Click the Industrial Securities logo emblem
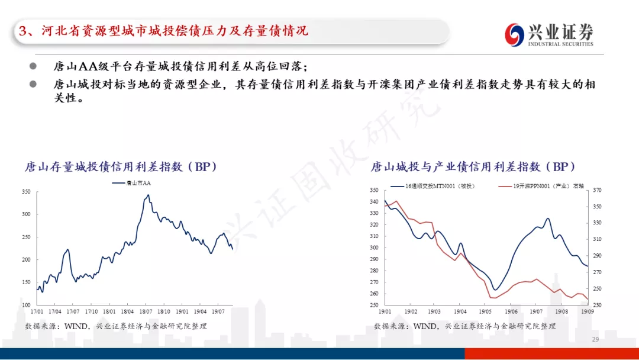514,35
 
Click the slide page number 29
595,339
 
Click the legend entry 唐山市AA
131,183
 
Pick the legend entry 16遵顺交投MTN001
433,187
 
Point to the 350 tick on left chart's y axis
26,192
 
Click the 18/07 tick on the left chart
146,311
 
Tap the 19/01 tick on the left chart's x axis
182,311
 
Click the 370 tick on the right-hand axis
597,190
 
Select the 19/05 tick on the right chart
485,311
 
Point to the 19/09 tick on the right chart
588,311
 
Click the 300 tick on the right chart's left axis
374,247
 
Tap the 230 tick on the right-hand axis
597,305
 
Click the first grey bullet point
33,66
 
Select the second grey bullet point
33,84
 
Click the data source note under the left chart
116,326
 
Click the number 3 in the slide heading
23,31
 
